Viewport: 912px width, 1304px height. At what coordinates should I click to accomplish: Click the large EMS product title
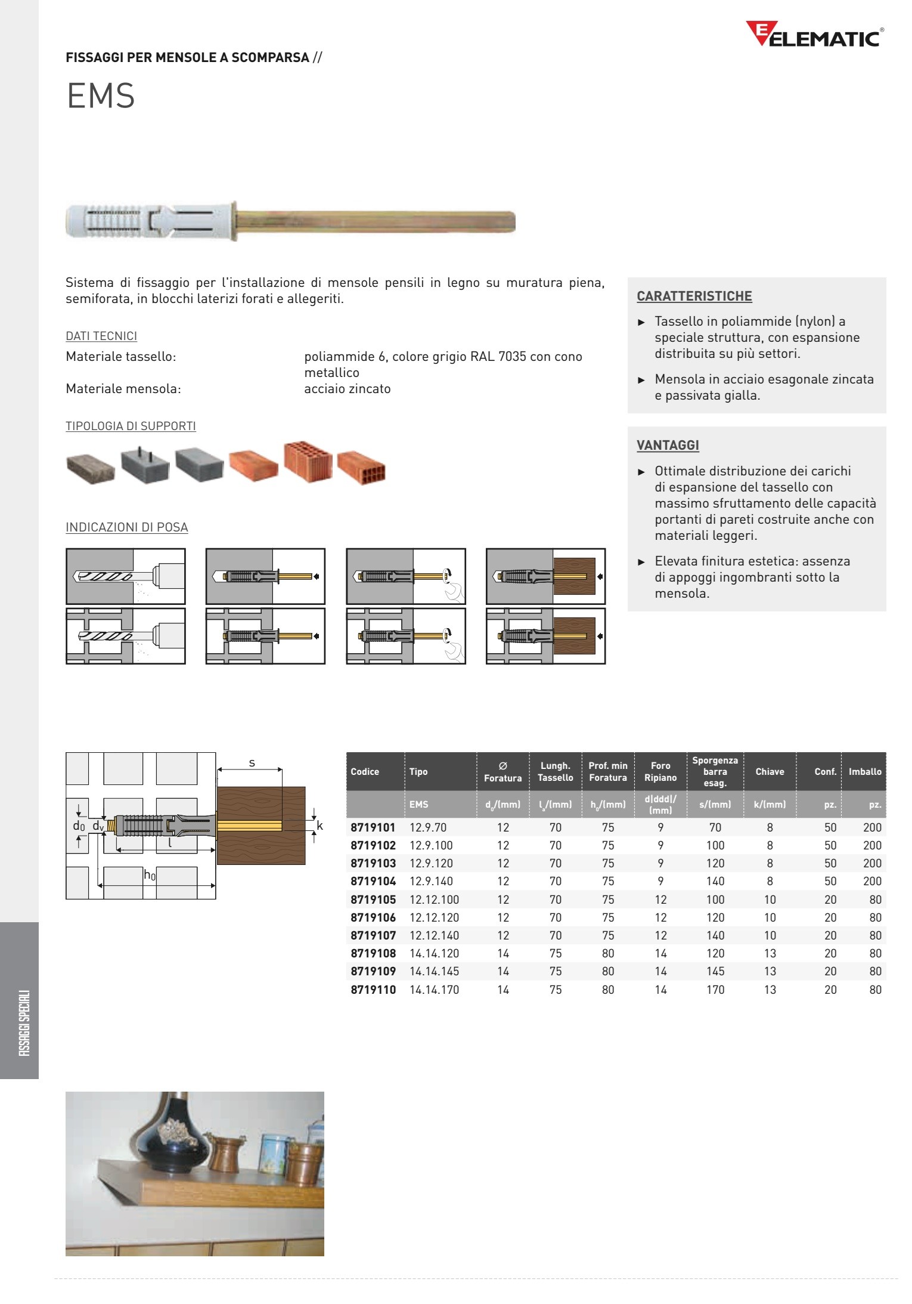[x=101, y=95]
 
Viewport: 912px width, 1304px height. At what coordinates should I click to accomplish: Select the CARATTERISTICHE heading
[x=694, y=296]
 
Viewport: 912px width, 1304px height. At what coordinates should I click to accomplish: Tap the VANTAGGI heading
[x=668, y=446]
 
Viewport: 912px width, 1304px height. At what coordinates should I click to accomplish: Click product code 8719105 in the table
[x=373, y=900]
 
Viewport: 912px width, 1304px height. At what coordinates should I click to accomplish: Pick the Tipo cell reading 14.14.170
[x=434, y=990]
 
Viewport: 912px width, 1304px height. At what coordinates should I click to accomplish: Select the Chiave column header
[x=770, y=771]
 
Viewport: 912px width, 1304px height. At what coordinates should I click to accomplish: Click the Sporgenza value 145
[x=715, y=971]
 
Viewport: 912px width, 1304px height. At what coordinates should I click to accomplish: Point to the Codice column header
[x=365, y=771]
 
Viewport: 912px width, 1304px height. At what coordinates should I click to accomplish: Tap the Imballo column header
[x=864, y=771]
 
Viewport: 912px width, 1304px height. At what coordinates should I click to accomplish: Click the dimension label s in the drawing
[x=252, y=763]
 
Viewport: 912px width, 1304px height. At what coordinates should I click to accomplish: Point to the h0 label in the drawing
[x=149, y=875]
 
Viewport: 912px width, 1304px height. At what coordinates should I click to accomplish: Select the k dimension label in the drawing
[x=319, y=826]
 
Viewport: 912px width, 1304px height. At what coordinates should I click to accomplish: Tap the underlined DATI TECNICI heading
[x=101, y=336]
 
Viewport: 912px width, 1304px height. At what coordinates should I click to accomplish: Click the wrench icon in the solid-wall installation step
[x=454, y=592]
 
